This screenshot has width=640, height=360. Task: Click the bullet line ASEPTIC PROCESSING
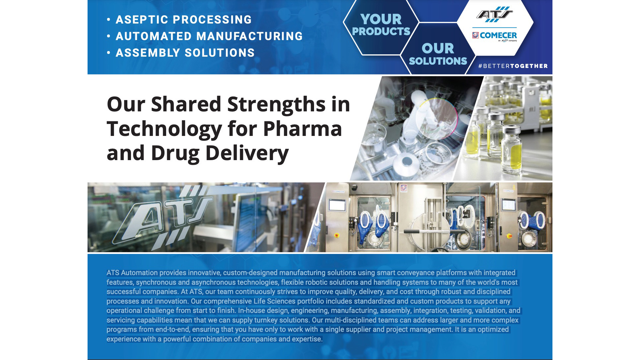[x=183, y=20]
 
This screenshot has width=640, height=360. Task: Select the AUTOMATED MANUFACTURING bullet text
[x=209, y=36]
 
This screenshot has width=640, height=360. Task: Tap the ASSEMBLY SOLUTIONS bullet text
[x=185, y=53]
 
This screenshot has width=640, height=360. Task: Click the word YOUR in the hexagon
[x=381, y=19]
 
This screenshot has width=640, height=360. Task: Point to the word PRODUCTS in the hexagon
[x=381, y=31]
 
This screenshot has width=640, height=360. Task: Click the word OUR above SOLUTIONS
[x=438, y=49]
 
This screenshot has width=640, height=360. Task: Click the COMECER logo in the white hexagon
[x=494, y=35]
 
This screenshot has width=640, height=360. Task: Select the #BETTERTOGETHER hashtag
[x=513, y=66]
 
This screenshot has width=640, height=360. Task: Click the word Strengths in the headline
[x=276, y=104]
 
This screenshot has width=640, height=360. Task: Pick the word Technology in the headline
[x=164, y=129]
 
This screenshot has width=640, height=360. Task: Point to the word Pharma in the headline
[x=302, y=129]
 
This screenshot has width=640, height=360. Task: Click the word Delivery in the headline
[x=247, y=153]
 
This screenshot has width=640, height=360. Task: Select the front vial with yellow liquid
[x=511, y=149]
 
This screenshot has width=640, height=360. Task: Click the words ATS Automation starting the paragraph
[x=132, y=273]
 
